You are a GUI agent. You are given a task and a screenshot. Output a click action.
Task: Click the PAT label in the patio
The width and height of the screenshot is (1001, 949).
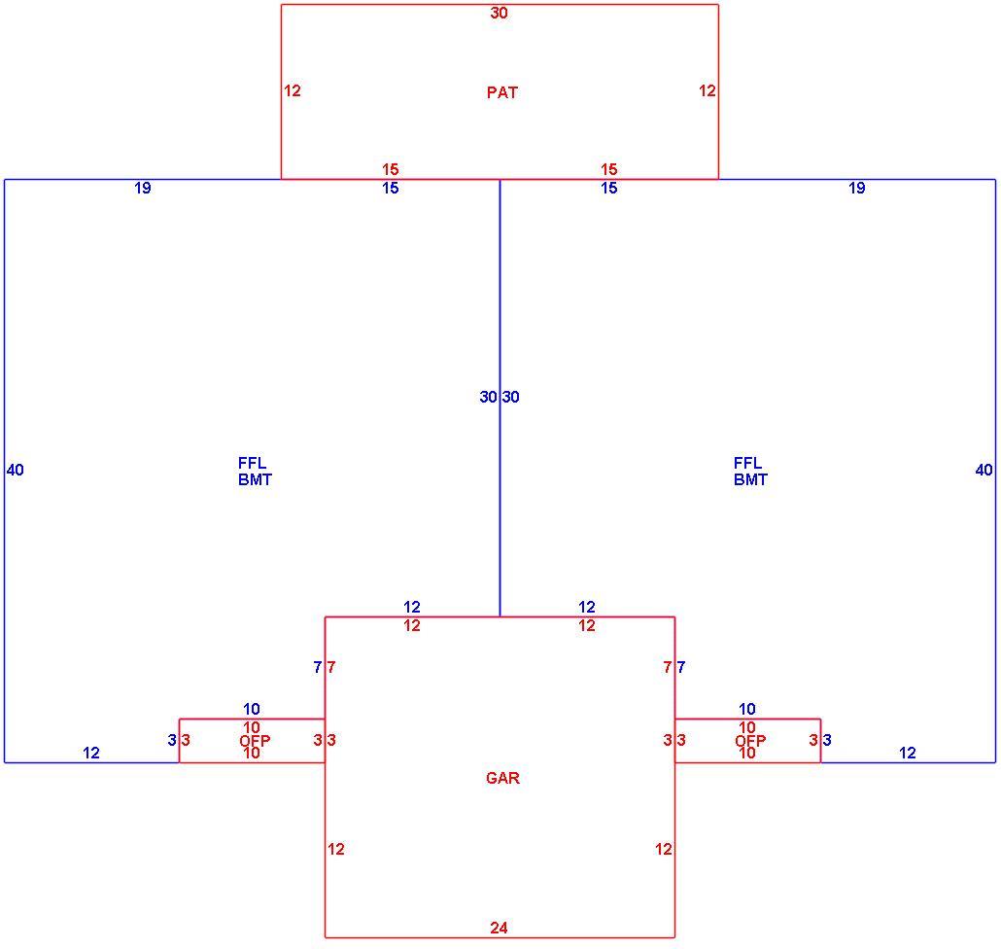click(501, 92)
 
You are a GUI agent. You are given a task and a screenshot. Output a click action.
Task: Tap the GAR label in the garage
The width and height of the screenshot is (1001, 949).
click(502, 778)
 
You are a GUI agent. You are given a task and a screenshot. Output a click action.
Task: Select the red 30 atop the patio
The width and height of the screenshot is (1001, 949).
click(499, 13)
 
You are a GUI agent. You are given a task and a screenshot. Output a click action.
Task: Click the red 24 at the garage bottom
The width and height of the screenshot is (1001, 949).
click(499, 928)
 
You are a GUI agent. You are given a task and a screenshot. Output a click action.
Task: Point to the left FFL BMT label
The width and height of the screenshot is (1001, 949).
click(255, 472)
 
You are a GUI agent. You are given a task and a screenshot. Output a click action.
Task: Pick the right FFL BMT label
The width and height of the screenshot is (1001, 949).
click(750, 472)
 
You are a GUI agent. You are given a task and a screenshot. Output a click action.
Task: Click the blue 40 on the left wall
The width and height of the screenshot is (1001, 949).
click(16, 470)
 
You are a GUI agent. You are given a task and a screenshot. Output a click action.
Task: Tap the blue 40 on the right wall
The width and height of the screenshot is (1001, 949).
click(984, 470)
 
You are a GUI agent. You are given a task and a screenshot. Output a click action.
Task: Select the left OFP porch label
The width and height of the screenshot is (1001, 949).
click(255, 741)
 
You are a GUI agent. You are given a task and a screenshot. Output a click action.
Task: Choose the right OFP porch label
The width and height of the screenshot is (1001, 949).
click(750, 741)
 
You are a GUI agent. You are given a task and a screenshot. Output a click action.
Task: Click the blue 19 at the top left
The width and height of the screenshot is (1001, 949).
click(142, 188)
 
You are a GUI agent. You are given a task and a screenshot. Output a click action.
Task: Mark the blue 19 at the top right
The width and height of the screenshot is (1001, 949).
click(857, 188)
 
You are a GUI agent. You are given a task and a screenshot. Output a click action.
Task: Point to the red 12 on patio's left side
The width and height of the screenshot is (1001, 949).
click(293, 90)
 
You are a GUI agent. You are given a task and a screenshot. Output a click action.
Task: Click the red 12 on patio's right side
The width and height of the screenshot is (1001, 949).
click(708, 90)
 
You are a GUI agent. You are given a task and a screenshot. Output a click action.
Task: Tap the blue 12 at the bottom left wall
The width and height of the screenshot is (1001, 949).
click(91, 753)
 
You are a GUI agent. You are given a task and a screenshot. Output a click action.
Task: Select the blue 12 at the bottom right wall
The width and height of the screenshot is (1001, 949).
click(907, 753)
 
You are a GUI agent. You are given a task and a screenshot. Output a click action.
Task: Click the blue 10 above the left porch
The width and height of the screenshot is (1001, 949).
click(252, 709)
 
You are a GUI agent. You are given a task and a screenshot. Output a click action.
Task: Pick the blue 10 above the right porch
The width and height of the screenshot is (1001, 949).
click(747, 709)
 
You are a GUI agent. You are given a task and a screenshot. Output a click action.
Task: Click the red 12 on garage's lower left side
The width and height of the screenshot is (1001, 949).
click(336, 849)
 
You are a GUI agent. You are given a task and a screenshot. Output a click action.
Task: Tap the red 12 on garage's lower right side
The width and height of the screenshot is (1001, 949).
click(664, 849)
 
